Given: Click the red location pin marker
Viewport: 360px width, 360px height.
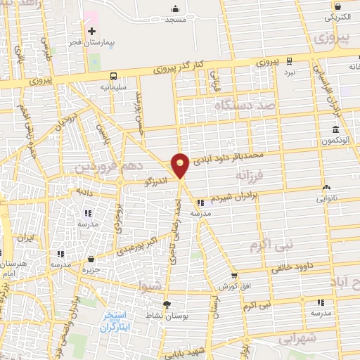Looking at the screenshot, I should point(181,165).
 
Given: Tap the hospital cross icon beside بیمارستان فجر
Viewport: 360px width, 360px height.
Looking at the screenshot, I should point(91,32).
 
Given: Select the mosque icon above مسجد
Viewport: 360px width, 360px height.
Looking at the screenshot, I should point(175,8).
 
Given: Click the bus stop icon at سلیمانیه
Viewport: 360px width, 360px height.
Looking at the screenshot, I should point(113,76).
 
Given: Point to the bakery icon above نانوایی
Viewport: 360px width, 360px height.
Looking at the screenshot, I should point(326,188).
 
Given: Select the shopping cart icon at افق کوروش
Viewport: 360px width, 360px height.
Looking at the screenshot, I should point(233,276).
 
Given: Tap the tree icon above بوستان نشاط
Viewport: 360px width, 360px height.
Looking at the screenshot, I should point(167,304).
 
